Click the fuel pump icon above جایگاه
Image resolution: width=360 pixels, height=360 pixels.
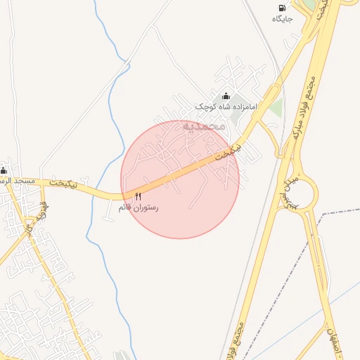pyautogui.click(x=283, y=8)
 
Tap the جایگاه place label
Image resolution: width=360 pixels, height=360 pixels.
pyautogui.click(x=283, y=18)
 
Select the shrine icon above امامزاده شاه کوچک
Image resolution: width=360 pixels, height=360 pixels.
pyautogui.click(x=226, y=96)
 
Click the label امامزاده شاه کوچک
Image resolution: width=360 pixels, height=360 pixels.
pyautogui.click(x=226, y=106)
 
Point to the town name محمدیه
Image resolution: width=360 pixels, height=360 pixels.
pyautogui.click(x=203, y=126)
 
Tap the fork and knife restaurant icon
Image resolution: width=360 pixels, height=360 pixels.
pyautogui.click(x=138, y=197)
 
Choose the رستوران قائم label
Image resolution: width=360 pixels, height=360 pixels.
pyautogui.click(x=139, y=207)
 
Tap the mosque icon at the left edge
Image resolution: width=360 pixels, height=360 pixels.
pyautogui.click(x=4, y=170)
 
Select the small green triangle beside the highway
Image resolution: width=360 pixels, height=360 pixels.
pyautogui.click(x=276, y=108)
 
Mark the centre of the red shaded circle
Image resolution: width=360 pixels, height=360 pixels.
pyautogui.click(x=180, y=179)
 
